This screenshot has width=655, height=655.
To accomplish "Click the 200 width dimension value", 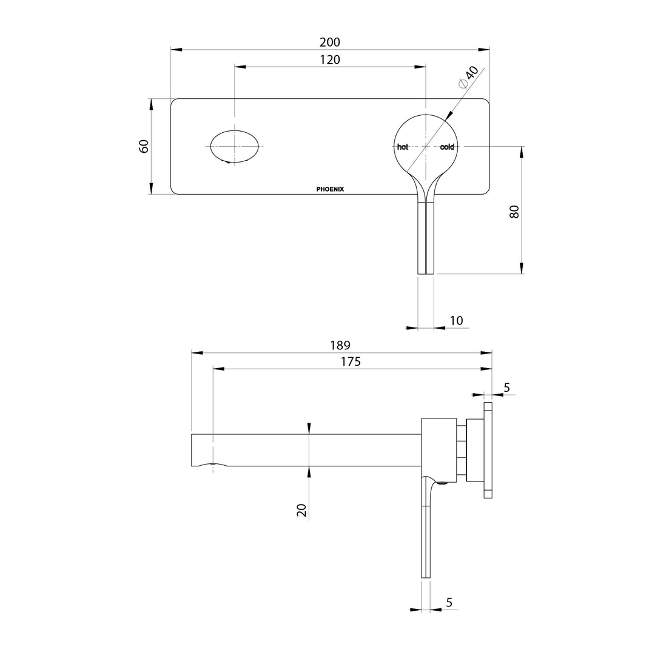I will [x=330, y=42].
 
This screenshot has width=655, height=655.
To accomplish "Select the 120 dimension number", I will [x=330, y=59].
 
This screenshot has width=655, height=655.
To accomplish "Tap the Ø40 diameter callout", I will [x=469, y=78].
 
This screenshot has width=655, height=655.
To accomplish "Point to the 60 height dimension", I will [x=144, y=146].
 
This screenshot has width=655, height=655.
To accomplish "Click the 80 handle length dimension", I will [x=514, y=212].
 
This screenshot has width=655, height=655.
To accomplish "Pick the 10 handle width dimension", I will [x=457, y=320].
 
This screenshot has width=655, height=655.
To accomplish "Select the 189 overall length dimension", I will [x=340, y=345].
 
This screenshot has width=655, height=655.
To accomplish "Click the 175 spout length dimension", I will [x=351, y=361].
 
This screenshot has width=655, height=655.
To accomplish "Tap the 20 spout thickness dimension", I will [x=302, y=510].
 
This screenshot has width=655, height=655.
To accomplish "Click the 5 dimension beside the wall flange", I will [x=507, y=387].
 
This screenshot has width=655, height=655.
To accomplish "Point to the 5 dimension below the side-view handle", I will [x=449, y=602].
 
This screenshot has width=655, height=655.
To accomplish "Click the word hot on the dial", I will [x=403, y=147].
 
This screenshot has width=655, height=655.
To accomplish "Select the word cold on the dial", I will [x=447, y=147].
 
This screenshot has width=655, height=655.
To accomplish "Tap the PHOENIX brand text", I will [x=330, y=189].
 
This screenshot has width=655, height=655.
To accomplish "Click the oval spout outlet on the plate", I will [x=235, y=146].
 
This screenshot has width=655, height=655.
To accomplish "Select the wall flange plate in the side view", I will [x=488, y=450].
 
